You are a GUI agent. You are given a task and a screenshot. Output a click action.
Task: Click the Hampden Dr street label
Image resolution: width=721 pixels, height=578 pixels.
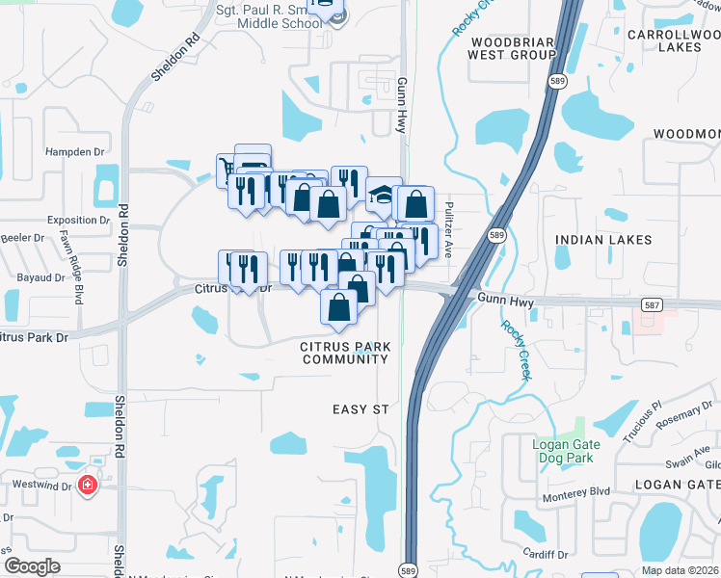(x=74, y=152)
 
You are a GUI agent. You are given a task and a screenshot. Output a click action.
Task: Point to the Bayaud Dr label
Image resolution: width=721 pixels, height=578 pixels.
(x=40, y=277)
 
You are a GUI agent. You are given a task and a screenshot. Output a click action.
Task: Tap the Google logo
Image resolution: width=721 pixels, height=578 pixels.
(x=31, y=566)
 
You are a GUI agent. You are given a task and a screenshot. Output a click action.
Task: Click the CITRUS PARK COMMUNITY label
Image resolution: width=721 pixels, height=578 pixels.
(x=344, y=352)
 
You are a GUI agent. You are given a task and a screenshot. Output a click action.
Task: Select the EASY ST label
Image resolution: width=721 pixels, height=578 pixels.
(x=360, y=409)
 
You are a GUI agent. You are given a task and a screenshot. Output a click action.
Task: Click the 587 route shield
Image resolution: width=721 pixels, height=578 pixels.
(x=653, y=303)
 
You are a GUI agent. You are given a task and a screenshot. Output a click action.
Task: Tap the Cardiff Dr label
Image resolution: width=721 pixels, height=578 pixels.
(x=547, y=554)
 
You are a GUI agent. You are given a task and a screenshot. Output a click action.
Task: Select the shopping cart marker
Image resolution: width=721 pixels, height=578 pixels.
(x=227, y=169)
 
